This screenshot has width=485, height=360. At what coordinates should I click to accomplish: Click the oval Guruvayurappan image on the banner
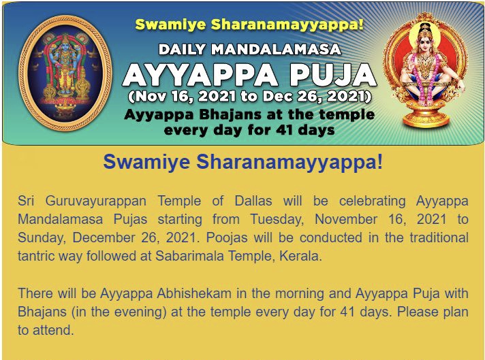65,73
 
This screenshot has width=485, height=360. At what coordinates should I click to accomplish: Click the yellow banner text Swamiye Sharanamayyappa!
249,24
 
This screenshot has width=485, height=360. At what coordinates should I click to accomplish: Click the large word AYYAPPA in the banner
201,75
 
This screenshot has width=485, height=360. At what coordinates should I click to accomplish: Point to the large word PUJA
334,75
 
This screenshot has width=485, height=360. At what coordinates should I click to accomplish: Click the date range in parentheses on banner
249,97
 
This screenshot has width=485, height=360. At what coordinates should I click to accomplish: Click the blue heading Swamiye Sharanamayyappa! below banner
243,162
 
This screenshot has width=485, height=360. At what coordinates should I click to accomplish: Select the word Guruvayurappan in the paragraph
96,201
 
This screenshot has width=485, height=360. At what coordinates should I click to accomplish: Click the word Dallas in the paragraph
253,201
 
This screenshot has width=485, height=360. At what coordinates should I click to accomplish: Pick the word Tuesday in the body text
277,219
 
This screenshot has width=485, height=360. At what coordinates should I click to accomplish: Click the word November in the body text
346,219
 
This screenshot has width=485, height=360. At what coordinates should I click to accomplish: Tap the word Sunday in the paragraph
43,238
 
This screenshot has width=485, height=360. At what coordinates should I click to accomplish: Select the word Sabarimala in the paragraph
189,256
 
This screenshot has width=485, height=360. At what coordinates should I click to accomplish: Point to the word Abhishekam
194,293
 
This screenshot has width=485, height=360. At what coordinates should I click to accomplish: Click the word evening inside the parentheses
141,312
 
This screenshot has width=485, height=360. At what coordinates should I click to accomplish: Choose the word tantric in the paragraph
36,256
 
